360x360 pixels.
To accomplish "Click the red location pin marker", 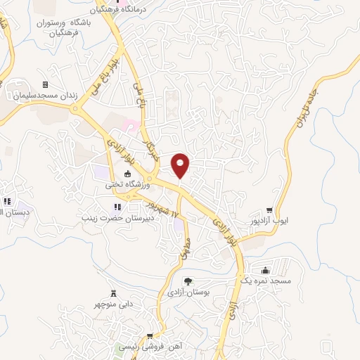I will click(181, 165).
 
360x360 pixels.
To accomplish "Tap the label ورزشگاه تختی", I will click(127, 185).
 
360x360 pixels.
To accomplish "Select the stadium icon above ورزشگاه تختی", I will click(127, 174).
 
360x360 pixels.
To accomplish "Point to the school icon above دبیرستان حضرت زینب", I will click(118, 207).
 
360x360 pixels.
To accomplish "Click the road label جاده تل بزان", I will click(304, 105).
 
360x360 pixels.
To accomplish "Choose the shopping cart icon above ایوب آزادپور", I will click(270, 210).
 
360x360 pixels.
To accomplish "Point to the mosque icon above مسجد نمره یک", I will click(264, 271).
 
